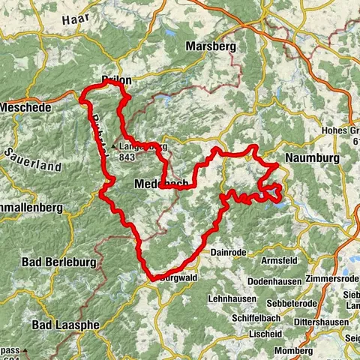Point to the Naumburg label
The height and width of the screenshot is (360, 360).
[310, 159]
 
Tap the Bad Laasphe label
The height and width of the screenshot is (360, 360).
[63, 325]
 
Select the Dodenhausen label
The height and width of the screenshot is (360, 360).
[275, 281]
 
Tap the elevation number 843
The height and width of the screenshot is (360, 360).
[126, 157]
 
